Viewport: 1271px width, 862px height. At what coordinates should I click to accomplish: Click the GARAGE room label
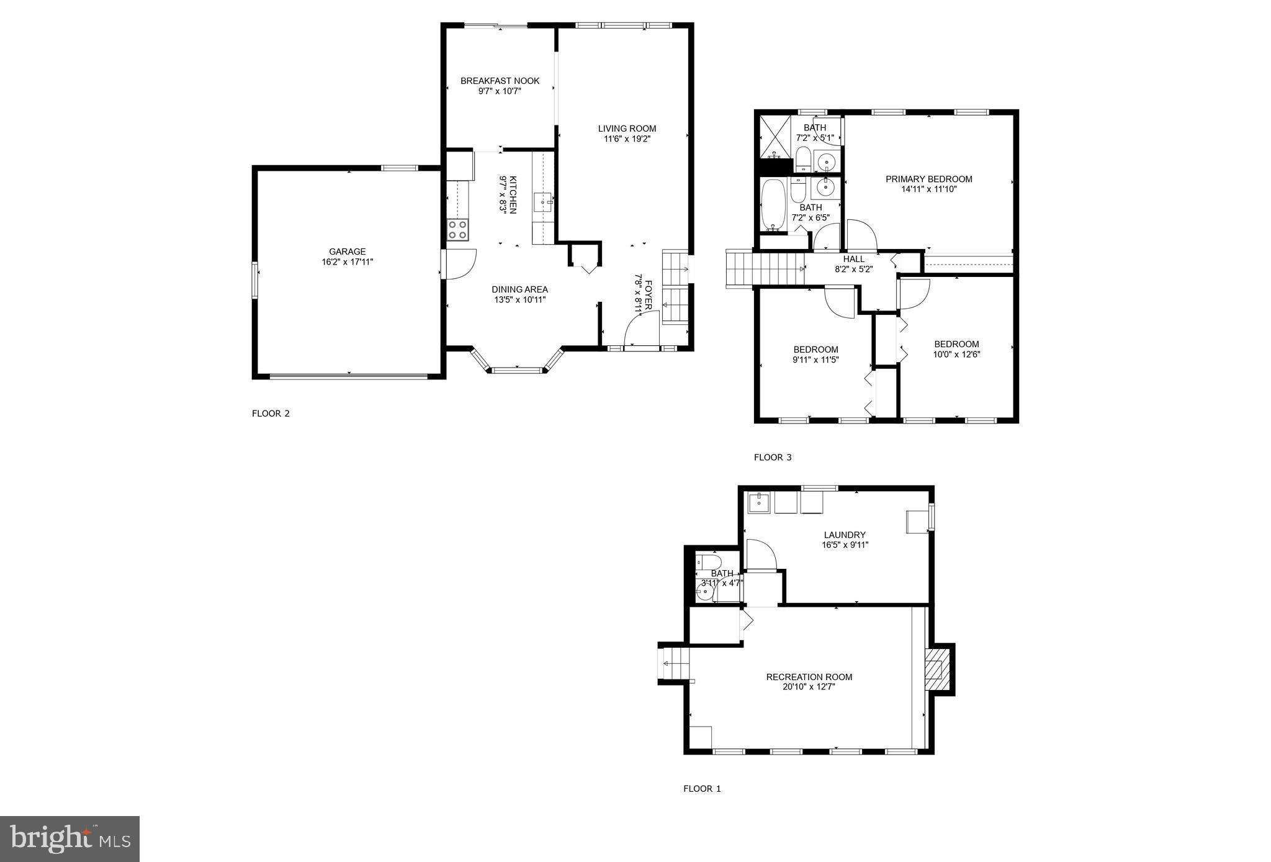347,252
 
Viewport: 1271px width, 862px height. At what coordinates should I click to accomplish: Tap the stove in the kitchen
458,230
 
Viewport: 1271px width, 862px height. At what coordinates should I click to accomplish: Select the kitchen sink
544,201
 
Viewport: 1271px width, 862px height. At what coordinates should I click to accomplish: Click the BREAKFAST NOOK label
500,81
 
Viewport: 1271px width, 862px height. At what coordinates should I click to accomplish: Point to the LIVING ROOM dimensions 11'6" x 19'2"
627,139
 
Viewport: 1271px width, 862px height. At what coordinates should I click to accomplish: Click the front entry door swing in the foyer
639,329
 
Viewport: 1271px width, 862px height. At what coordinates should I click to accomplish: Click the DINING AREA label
519,289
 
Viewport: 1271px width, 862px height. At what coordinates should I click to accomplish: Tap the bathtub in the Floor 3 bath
773,204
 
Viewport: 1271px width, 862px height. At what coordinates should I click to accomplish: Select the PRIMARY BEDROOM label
928,179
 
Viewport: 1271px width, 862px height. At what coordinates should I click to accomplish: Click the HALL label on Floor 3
853,259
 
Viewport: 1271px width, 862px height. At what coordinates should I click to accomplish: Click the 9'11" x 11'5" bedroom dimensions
815,360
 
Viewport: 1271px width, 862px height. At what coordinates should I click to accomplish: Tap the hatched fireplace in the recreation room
936,669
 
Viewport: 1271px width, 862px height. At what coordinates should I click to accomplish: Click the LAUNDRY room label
844,535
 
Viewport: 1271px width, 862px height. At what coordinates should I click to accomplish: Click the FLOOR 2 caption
271,414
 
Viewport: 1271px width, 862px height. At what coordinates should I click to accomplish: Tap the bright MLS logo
70,839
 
